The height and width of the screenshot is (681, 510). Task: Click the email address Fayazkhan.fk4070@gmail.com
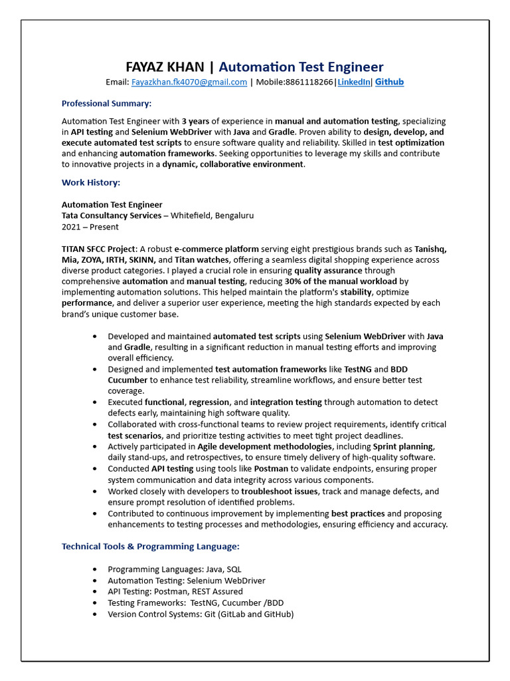pos(189,82)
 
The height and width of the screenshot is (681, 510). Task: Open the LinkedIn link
pos(353,82)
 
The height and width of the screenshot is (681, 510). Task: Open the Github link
pos(389,82)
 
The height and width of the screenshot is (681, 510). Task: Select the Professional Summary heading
pos(106,103)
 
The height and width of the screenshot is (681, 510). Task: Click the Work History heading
pos(91,182)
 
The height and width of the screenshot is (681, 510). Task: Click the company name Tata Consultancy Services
pos(112,215)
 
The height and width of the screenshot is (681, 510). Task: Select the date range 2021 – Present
pos(90,227)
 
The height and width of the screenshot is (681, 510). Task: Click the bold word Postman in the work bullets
pos(270,469)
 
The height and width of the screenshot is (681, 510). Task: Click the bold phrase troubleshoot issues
pos(280,491)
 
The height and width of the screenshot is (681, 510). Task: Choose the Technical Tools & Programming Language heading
pos(150,546)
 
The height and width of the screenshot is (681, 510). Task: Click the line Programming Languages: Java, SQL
pos(175,569)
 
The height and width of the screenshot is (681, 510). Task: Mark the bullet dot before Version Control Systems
pos(93,614)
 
